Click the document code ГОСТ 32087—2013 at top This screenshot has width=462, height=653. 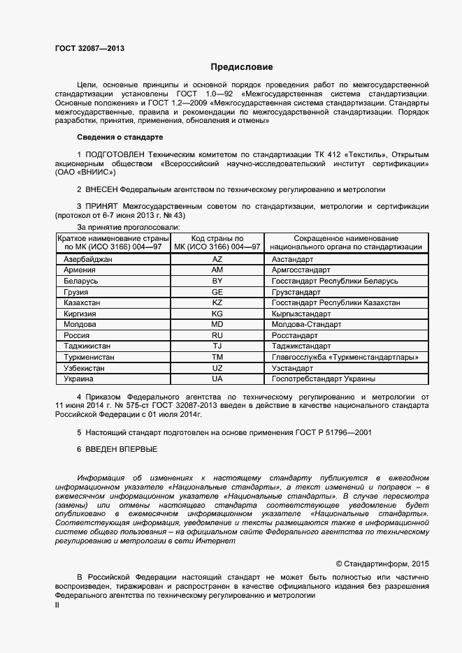click(90, 48)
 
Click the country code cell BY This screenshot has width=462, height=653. click(217, 280)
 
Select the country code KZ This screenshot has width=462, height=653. click(217, 302)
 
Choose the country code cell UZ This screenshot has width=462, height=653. click(217, 368)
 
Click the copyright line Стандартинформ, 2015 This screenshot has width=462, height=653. click(383, 563)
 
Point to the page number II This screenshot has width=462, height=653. click(57, 606)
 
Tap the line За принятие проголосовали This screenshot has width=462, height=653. click(129, 228)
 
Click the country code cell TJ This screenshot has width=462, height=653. click(217, 346)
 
